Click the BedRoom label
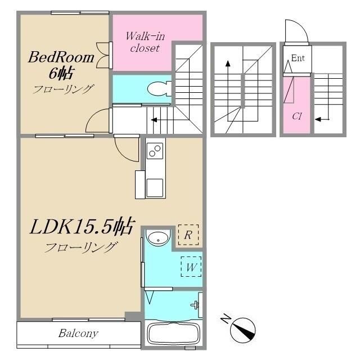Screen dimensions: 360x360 tap(61, 57)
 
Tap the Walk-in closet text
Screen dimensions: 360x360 tap(145, 42)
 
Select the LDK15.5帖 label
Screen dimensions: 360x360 tap(82, 226)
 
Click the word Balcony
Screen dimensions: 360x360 tap(79, 334)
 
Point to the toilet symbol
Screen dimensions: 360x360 tap(159, 89)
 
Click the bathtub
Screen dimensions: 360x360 tap(174, 334)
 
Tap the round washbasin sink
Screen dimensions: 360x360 tap(158, 237)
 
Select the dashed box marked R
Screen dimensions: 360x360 tap(188, 235)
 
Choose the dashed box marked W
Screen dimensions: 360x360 tap(191, 267)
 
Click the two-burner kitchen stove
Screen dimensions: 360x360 tap(155, 151)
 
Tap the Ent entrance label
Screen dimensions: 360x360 tap(298, 58)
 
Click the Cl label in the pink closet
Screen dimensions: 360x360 tap(296, 116)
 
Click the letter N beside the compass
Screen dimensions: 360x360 tap(226, 318)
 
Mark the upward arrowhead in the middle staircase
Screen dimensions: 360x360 tap(228, 64)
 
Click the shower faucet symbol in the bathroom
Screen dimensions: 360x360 tap(195, 305)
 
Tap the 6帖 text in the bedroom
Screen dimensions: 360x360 tap(61, 73)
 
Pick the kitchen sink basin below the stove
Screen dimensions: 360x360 tap(155, 188)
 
